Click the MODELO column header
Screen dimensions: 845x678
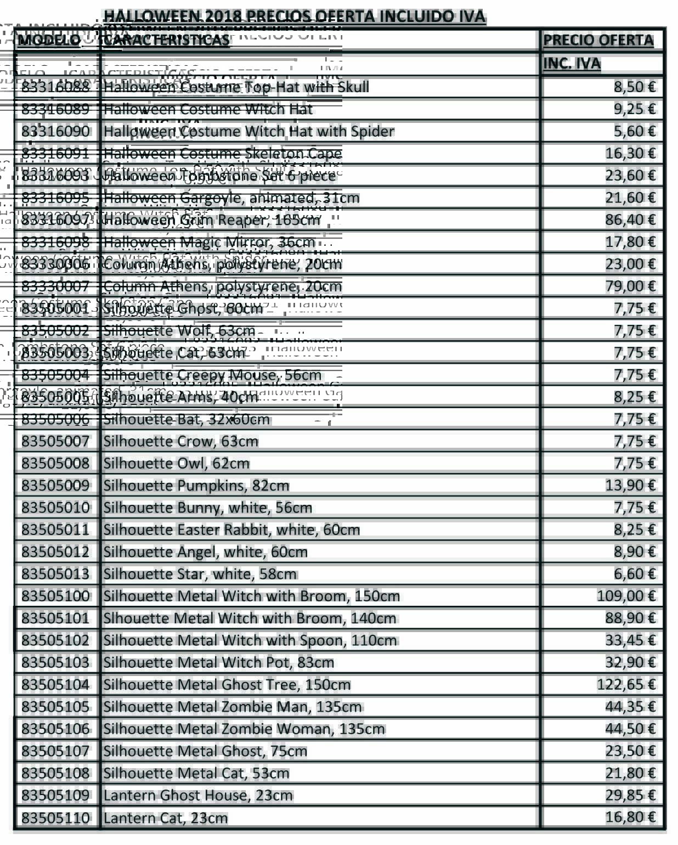[49, 40]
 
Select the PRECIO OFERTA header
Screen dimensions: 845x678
[598, 40]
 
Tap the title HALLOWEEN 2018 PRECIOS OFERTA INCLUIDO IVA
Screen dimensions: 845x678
[295, 16]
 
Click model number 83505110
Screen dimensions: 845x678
[55, 818]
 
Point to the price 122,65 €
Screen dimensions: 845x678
[626, 684]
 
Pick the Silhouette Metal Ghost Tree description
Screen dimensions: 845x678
[227, 684]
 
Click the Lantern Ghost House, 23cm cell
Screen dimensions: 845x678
[198, 795]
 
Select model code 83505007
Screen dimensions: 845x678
[55, 441]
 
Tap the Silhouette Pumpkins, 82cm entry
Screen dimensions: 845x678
[196, 486]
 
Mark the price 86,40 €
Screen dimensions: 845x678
[630, 219]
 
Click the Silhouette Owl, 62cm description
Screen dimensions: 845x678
[177, 463]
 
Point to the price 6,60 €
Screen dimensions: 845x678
[635, 574]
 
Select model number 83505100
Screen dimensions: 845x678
[55, 596]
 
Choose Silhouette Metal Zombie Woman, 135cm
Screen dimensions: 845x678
[244, 729]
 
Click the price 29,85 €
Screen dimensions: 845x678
[630, 795]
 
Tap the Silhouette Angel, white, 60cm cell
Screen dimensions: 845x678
[206, 551]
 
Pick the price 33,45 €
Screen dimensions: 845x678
[630, 640]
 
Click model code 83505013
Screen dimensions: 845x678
[55, 574]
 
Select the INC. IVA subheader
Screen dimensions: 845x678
[572, 64]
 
